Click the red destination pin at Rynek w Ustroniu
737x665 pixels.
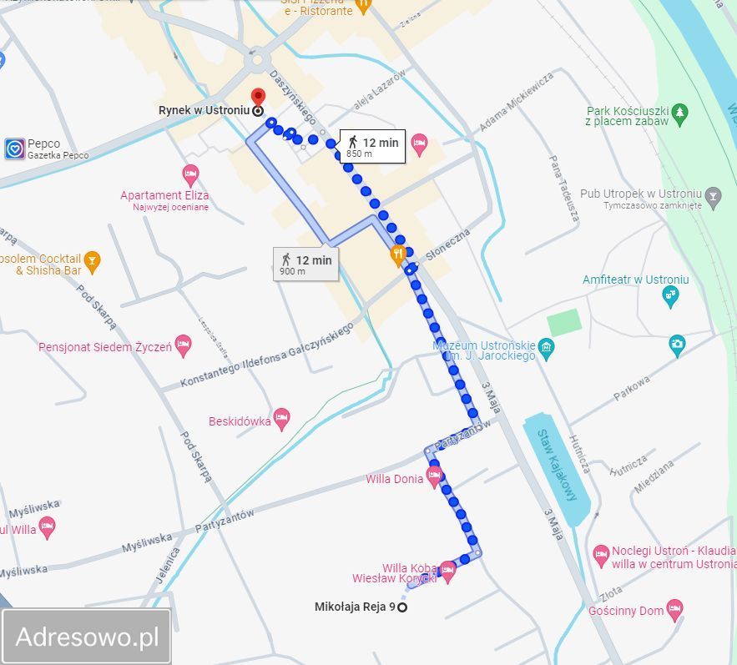click(258, 97)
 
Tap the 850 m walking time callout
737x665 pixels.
click(372, 146)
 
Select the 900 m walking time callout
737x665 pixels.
click(305, 264)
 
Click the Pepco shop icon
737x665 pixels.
click(14, 149)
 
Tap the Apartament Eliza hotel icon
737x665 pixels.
click(191, 175)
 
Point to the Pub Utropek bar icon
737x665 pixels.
click(712, 199)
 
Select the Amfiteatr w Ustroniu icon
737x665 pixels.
click(670, 295)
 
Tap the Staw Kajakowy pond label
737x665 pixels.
click(557, 465)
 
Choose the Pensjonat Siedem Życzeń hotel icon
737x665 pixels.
click(184, 346)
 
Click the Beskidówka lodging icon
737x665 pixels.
click(282, 421)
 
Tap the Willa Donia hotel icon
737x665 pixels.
click(434, 478)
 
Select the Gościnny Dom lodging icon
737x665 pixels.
click(674, 610)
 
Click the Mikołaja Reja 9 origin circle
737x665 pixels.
click(402, 607)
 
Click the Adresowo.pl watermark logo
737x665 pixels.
click(87, 637)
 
